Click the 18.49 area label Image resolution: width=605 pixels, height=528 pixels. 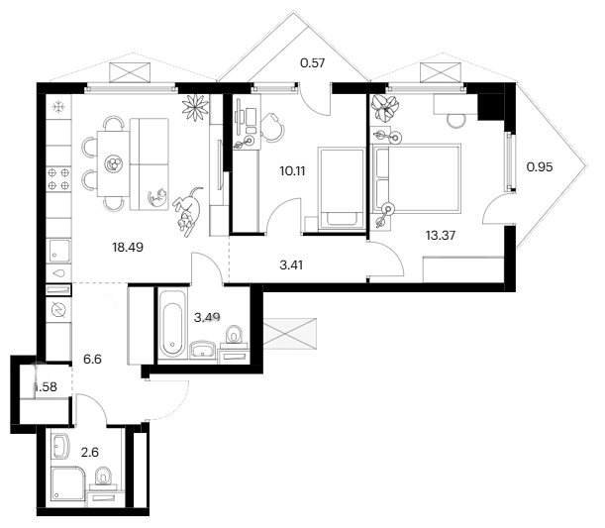coord(128,247)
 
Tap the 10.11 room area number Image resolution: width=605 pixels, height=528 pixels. coord(292,171)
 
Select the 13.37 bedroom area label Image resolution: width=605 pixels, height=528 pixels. coord(441,235)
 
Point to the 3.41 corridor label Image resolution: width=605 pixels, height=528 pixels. coord(291,265)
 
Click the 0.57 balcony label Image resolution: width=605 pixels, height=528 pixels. coord(313,63)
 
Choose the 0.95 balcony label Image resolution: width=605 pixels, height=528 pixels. coord(540,166)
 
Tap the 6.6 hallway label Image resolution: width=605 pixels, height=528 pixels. coord(93,360)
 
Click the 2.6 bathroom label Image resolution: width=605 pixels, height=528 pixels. coord(90,452)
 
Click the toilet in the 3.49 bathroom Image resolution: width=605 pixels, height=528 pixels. coord(234,334)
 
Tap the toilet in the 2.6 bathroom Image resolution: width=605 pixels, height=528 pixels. coord(103,475)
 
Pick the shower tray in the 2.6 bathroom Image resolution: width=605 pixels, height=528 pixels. coord(68,483)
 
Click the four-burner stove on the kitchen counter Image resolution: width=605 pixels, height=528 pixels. coord(58,178)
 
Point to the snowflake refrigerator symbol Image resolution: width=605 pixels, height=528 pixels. coord(58,107)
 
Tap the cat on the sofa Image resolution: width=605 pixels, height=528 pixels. coord(158,196)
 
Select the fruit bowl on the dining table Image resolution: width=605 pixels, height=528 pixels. coord(114,164)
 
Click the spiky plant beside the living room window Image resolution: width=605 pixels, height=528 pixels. coord(195,108)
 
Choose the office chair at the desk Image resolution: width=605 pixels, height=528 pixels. coord(273,127)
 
